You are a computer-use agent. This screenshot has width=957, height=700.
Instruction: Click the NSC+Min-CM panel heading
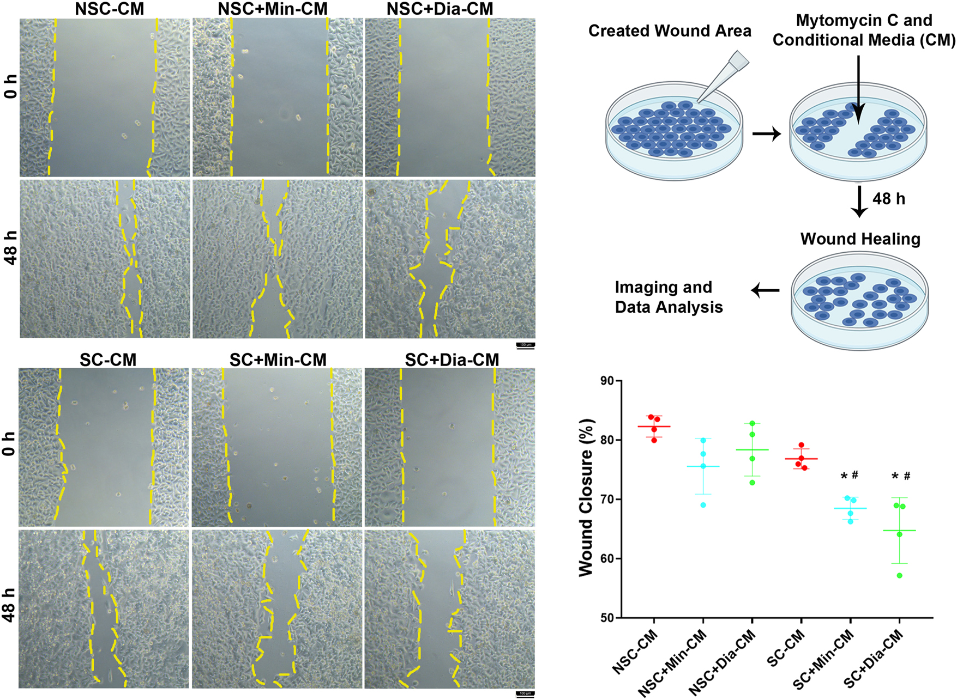click(273, 9)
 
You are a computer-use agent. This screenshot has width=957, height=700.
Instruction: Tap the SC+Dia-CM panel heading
click(452, 360)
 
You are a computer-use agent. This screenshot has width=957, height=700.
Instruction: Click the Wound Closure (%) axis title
click(586, 497)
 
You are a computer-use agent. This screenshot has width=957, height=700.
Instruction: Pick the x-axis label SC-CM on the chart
click(786, 648)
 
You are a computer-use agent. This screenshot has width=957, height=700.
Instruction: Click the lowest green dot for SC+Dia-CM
click(899, 575)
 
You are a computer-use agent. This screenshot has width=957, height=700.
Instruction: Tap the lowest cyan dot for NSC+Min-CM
click(703, 505)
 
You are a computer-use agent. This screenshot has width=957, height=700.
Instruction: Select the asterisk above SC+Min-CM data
click(844, 477)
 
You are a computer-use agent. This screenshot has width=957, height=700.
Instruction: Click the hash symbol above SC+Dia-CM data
click(907, 476)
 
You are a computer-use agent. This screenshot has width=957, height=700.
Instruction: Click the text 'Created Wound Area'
click(670, 31)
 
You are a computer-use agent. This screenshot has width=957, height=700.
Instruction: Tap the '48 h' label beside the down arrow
click(888, 199)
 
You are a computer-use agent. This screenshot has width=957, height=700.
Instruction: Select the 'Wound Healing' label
click(860, 239)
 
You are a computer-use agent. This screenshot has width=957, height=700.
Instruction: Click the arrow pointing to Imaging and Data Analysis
click(765, 290)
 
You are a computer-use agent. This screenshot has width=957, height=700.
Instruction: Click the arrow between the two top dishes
click(767, 133)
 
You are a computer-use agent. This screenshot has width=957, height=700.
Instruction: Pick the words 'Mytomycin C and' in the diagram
click(864, 21)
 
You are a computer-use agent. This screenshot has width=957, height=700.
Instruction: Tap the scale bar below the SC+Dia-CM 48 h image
click(525, 693)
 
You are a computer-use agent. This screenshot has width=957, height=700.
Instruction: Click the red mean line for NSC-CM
click(654, 427)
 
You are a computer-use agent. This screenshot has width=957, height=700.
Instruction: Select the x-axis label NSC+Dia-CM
click(723, 662)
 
